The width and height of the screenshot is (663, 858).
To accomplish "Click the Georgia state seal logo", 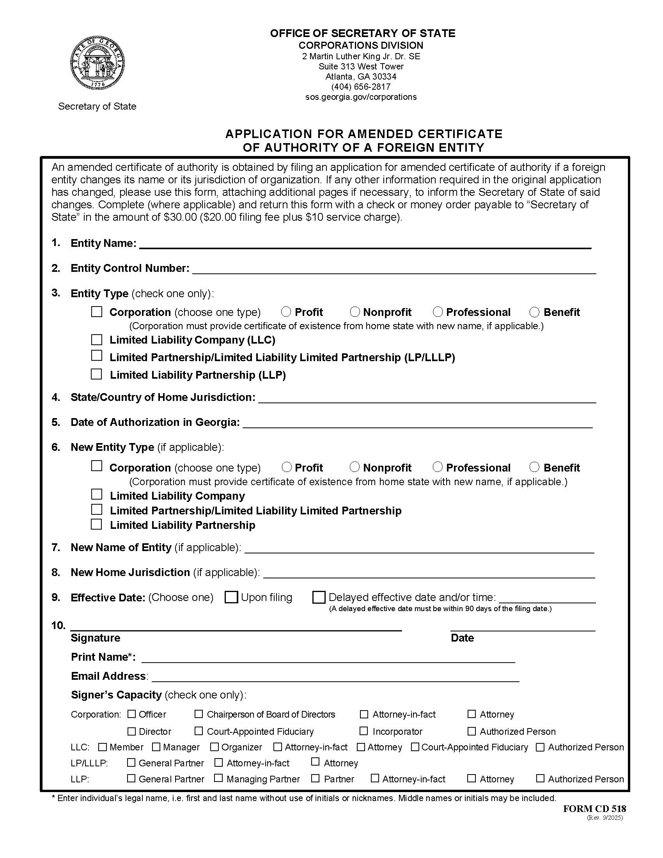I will coord(97,63).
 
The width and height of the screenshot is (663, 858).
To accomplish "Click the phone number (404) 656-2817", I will coord(361,87).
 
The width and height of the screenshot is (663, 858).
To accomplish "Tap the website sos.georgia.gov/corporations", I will coord(361,97).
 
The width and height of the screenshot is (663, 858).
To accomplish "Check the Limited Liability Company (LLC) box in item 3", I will coord(97,339).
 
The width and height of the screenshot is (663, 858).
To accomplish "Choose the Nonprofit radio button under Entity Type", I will coord(355,312).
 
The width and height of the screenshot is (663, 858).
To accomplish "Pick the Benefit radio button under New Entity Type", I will coord(534,467).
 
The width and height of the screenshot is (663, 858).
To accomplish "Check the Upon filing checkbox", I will coord(231,597).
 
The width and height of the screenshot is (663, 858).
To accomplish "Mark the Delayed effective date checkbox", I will coord(319,597).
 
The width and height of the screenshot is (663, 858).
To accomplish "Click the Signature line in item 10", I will coord(236,626).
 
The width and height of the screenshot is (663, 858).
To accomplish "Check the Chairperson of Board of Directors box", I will coord(199,714).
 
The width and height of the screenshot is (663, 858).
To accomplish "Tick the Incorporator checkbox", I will coord(364,731).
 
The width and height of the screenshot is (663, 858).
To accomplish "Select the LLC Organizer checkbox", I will coord(214,746).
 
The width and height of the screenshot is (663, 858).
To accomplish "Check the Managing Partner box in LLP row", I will coord(218,778).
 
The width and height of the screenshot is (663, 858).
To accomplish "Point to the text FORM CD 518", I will coord(594,808).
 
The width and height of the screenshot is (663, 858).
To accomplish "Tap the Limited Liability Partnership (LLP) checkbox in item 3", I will coord(96,374).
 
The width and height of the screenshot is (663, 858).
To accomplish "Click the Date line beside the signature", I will coord(522,626).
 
